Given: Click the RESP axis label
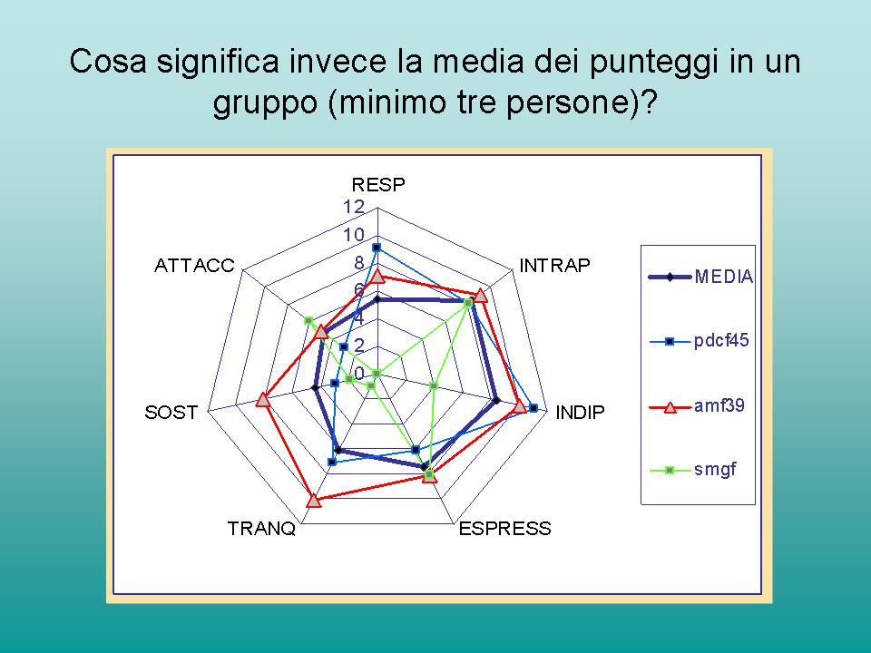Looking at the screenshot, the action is pyautogui.click(x=378, y=184).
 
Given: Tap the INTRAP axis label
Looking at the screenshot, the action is pyautogui.click(x=554, y=266).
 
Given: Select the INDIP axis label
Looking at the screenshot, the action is pyautogui.click(x=580, y=413).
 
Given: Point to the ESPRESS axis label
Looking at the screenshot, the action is pyautogui.click(x=505, y=528).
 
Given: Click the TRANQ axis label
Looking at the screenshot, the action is pyautogui.click(x=261, y=529).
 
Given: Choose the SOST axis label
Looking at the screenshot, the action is pyautogui.click(x=171, y=413).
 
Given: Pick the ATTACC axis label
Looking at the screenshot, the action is pyautogui.click(x=194, y=266).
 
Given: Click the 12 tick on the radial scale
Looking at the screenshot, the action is pyautogui.click(x=354, y=207).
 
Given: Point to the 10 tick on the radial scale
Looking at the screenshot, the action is pyautogui.click(x=354, y=235).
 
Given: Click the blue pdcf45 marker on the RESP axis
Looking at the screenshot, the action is pyautogui.click(x=377, y=248).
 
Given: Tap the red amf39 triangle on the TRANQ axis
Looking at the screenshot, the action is pyautogui.click(x=314, y=501).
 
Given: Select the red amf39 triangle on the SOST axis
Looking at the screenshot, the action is pyautogui.click(x=263, y=399).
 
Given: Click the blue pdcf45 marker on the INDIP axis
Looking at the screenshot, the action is pyautogui.click(x=533, y=408).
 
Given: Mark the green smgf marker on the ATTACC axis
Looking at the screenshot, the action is pyautogui.click(x=308, y=321).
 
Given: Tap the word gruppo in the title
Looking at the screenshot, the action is pyautogui.click(x=265, y=103).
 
